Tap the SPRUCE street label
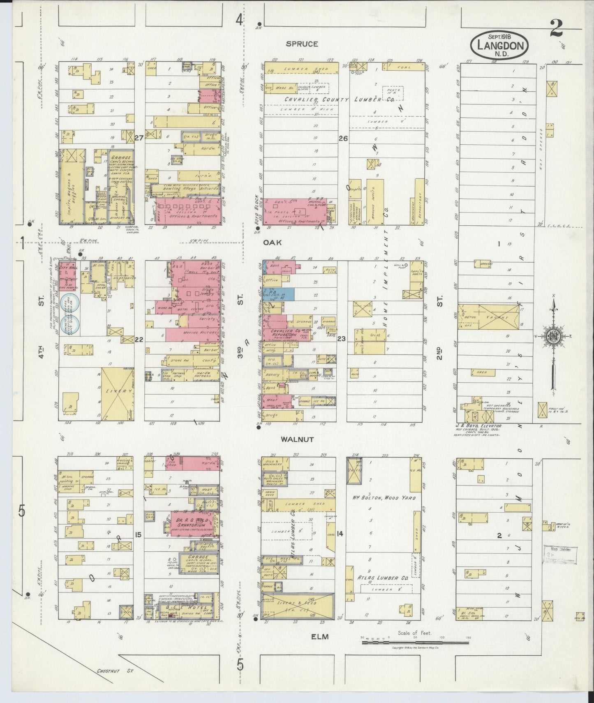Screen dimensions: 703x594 click(x=303, y=44)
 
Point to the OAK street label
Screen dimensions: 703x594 click(x=273, y=243)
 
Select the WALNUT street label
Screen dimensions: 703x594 click(x=297, y=439)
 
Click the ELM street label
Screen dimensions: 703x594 click(x=320, y=636)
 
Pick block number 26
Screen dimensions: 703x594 click(x=343, y=139)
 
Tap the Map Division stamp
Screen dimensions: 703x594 click(x=560, y=555)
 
